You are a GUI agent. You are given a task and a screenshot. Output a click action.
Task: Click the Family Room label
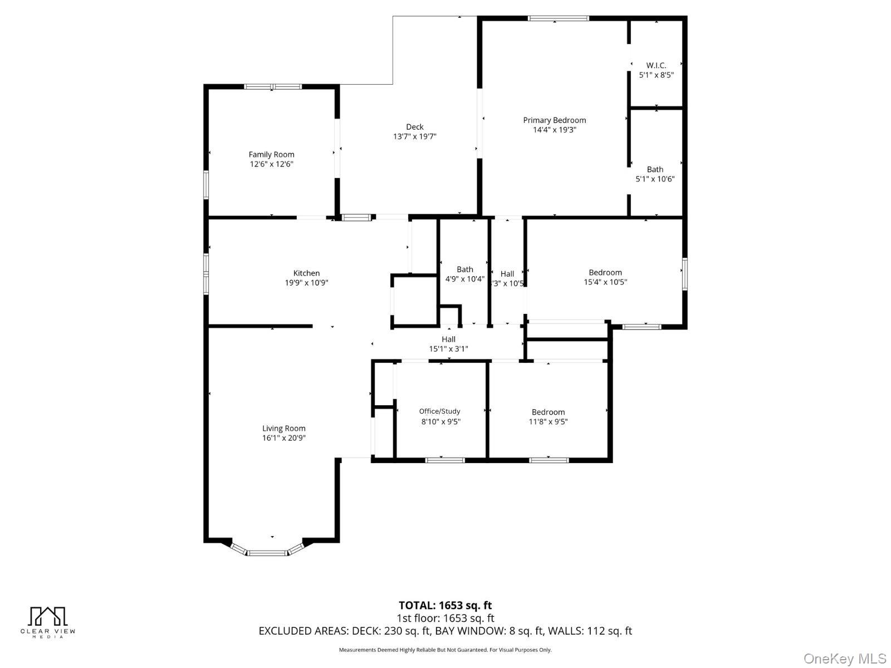[271, 155]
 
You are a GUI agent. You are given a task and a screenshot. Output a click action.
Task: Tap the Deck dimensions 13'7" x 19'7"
[414, 136]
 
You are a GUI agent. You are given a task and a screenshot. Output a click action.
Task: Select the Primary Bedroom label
[554, 120]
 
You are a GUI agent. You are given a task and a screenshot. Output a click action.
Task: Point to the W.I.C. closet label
[656, 65]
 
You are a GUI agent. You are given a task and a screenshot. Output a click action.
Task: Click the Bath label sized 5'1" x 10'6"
[655, 169]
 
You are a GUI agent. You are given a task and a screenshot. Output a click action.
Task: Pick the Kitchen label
[306, 273]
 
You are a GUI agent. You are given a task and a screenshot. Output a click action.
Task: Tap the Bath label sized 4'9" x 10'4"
[464, 269]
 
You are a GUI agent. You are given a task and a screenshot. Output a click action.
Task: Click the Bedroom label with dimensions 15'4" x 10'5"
[605, 273]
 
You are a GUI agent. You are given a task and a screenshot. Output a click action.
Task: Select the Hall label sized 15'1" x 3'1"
[448, 339]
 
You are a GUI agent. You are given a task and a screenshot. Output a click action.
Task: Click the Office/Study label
[439, 411]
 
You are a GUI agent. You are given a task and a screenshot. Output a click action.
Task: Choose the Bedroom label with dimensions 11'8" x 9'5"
[548, 412]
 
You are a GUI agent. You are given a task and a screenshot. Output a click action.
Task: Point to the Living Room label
[283, 429]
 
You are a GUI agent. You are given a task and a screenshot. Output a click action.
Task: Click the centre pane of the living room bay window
[267, 553]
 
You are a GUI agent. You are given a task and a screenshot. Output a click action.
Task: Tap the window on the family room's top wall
[273, 86]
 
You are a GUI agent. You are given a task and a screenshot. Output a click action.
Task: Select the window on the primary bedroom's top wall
[558, 18]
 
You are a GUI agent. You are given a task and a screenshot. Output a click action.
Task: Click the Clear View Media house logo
[47, 616]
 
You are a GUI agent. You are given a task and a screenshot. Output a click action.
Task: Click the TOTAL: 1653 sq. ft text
[445, 605]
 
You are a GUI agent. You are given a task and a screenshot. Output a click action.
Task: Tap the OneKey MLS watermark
[844, 659]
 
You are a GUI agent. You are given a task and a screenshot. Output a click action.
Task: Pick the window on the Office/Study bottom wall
[444, 460]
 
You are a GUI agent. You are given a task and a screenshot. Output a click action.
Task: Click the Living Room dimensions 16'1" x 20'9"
[283, 438]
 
